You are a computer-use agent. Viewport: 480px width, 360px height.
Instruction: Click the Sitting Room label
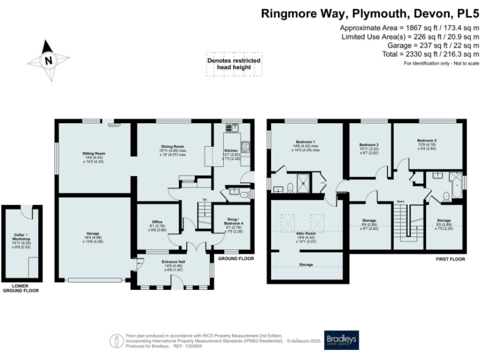tap(95, 153)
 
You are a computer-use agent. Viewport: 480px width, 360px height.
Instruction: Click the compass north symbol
tap(47, 60)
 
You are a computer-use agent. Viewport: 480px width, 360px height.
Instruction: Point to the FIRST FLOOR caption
tap(451, 257)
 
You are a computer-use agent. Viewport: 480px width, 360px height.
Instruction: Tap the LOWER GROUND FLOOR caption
tap(20, 288)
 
